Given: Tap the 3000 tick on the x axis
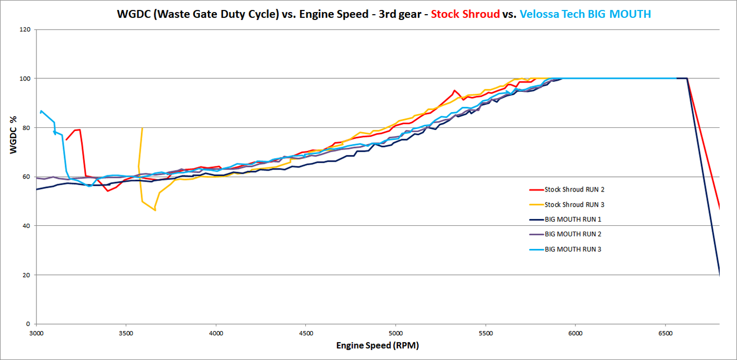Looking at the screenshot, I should point(36,333).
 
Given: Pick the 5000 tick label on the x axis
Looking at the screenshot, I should point(395,333).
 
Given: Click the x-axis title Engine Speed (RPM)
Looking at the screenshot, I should point(377,345).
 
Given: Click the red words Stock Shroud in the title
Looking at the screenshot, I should point(465,14).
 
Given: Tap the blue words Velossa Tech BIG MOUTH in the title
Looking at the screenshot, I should point(585,14).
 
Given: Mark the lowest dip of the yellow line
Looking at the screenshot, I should point(155,210).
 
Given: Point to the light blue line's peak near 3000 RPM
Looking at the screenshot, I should point(42,111).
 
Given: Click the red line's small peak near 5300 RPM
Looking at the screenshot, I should point(454,91).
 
